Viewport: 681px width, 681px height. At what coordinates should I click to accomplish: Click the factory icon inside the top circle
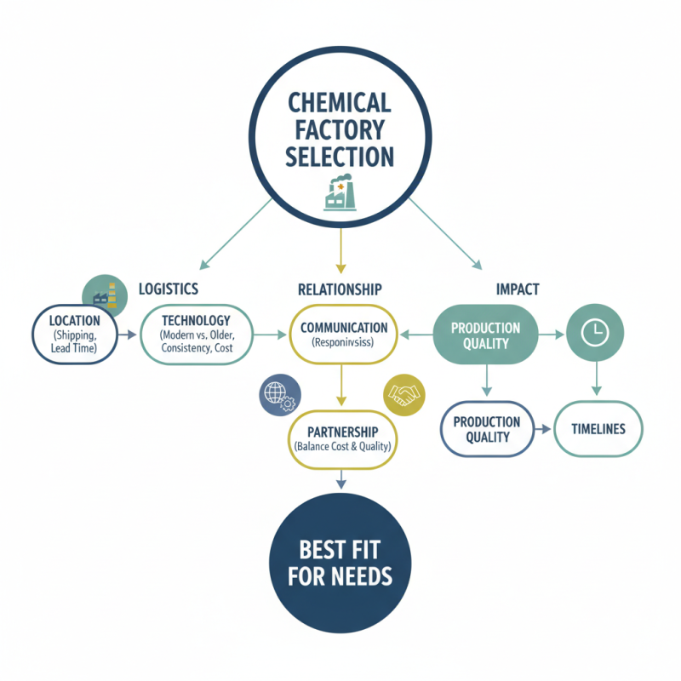pos(339,195)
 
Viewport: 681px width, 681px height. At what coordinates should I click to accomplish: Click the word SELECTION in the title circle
pos(340,157)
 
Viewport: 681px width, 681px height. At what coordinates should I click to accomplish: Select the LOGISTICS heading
pos(169,289)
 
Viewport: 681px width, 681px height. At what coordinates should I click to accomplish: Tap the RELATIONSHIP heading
pos(340,289)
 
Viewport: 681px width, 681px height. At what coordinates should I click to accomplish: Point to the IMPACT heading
pos(518,289)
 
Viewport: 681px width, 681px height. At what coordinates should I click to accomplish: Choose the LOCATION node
pos(75,335)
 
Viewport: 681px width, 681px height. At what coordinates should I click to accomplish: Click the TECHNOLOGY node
pos(195,335)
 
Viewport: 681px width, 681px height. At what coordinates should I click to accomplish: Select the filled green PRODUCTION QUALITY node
pos(485,335)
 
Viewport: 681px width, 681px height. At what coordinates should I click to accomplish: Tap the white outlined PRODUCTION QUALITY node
pos(487,429)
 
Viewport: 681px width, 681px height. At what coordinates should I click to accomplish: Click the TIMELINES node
pos(598,429)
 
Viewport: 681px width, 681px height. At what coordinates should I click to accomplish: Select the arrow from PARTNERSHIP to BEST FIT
pos(340,481)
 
